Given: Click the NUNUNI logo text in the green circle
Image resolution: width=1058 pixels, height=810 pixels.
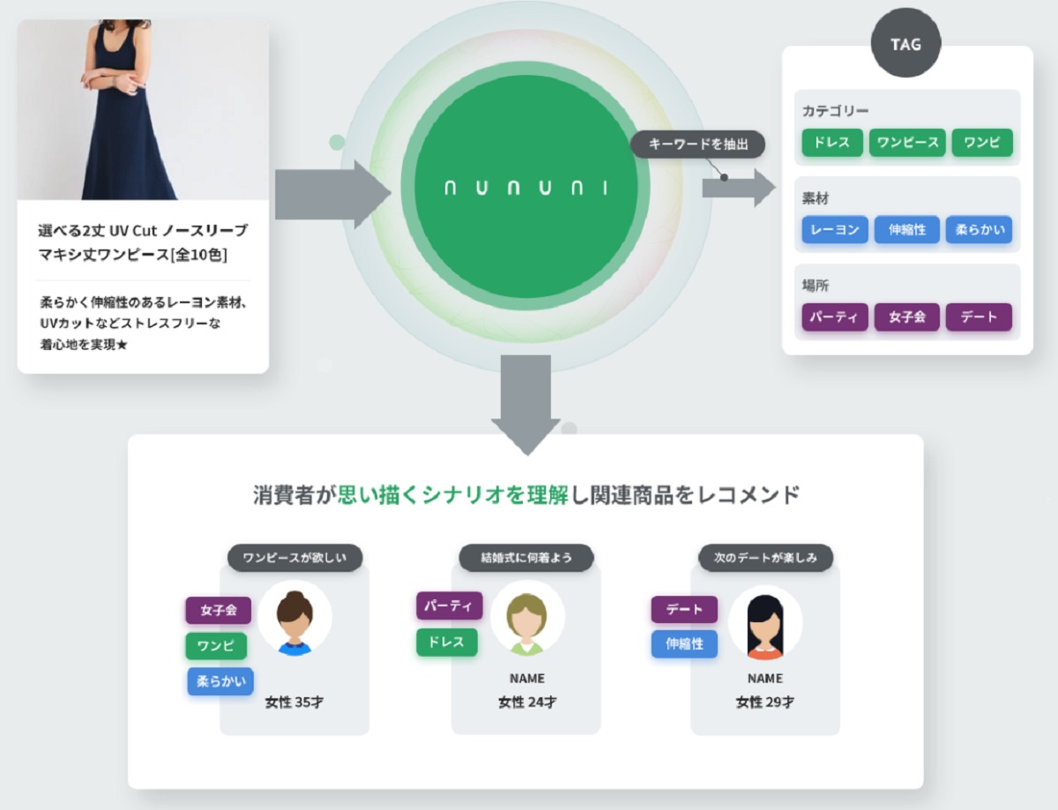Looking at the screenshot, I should pos(526,188).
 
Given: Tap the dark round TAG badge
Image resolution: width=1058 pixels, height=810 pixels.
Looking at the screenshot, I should pos(905,43).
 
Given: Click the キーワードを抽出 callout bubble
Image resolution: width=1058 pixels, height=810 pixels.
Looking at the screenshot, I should pos(697,144).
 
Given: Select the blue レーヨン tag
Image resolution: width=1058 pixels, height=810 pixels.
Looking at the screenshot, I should pos(835,230).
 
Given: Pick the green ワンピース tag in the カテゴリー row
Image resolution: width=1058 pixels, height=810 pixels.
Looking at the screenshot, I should pos(907,143).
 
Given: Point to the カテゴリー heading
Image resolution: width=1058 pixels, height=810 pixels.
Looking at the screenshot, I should pos(835,111).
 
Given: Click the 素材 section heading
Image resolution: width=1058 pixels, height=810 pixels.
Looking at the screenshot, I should pos(816,199).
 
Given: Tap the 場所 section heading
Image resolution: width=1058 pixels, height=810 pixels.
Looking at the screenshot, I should pos(816,286).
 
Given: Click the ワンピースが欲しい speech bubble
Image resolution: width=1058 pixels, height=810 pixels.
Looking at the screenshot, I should pos(295,558).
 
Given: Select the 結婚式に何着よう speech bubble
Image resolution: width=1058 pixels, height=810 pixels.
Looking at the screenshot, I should pos(525,558).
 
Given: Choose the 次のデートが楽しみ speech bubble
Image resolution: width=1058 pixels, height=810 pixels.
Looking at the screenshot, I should pos(765,558).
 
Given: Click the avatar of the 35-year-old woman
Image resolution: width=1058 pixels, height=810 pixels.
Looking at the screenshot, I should pos(294,619).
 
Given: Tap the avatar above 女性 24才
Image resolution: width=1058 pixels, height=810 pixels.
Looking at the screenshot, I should pos(526,619).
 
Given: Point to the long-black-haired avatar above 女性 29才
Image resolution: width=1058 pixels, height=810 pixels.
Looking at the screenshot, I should pos(764,622).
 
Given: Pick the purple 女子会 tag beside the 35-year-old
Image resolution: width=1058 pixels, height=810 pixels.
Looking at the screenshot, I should pos(218,610).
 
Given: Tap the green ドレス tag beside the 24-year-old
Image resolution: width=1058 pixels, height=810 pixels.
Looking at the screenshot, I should pos(446,643).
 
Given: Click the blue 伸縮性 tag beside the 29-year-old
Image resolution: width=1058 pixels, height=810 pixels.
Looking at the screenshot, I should pos(684,643).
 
